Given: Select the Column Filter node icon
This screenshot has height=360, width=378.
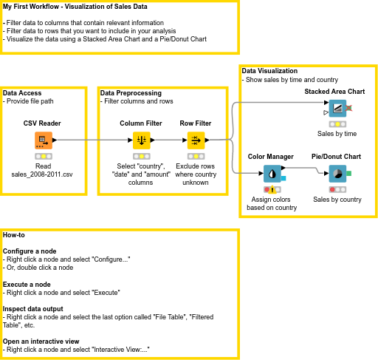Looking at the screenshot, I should click(141, 140).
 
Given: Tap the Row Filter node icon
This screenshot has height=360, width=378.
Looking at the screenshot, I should click(196, 140).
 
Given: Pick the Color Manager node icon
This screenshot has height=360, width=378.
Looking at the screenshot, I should click(272, 174).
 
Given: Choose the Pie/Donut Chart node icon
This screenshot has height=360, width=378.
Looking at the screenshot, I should click(337, 174).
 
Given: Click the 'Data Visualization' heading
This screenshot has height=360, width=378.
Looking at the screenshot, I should click(269, 71).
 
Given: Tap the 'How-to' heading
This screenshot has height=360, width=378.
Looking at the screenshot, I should click(13, 234).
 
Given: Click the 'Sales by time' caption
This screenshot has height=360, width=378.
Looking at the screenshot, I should click(337, 134).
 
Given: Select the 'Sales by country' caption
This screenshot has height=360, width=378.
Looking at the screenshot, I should click(337, 200).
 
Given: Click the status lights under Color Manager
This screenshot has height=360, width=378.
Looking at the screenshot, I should click(271, 190).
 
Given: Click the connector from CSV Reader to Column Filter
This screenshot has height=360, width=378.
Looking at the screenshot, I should click(92, 140).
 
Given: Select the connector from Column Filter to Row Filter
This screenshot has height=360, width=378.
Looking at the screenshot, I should click(168, 140).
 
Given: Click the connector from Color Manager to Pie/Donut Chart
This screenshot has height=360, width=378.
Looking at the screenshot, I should click(304, 174).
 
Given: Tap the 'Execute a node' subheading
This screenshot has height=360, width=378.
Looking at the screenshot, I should click(27, 285).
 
